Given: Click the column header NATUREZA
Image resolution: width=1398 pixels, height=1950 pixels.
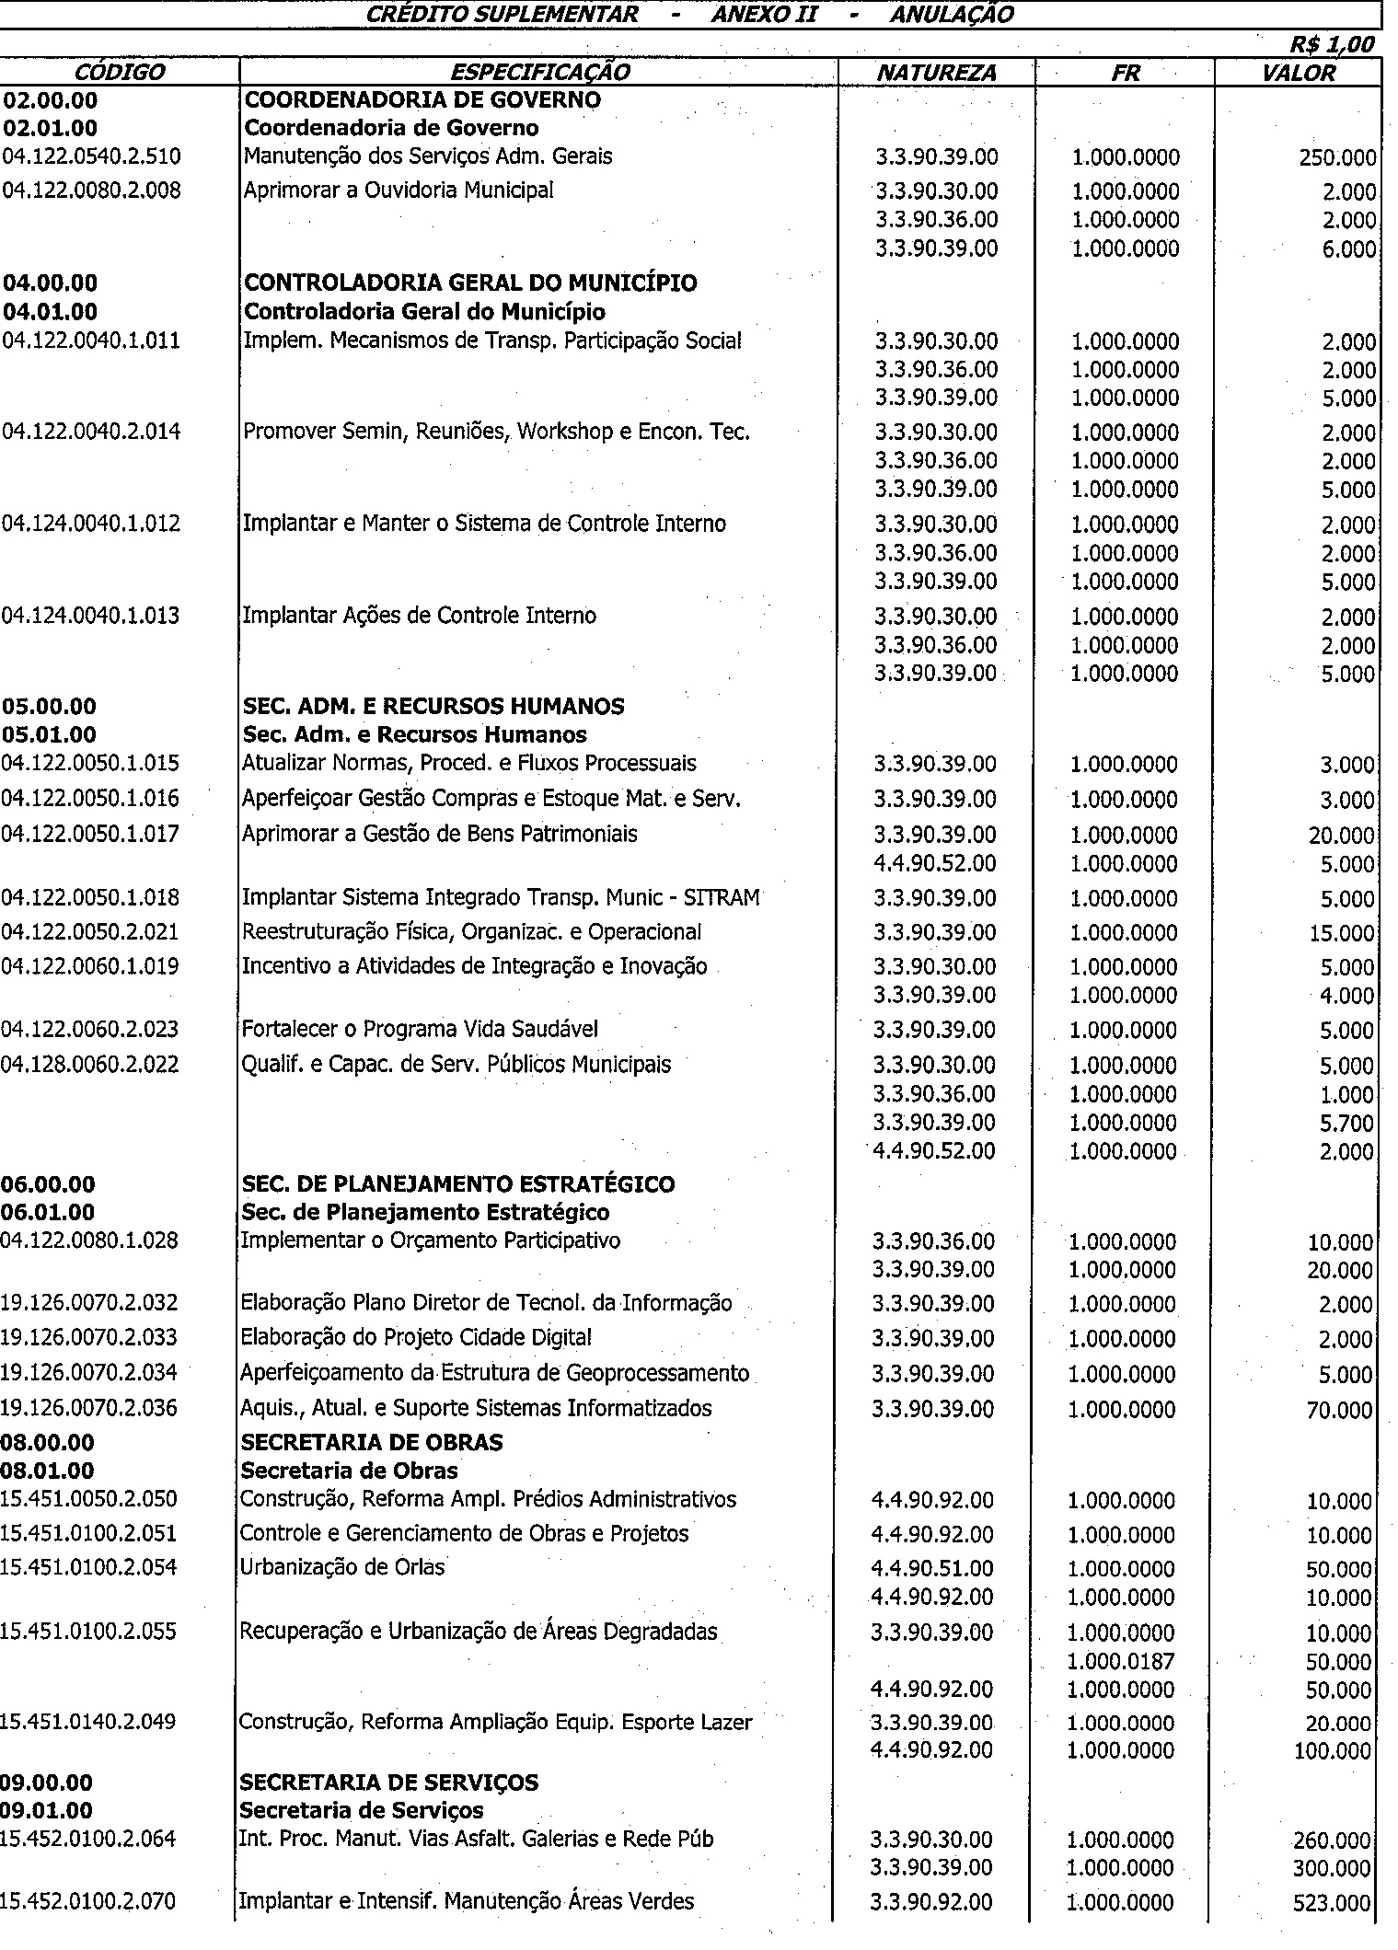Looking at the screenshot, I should tap(936, 73).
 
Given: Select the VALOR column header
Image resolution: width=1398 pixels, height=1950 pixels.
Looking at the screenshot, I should tap(1299, 73).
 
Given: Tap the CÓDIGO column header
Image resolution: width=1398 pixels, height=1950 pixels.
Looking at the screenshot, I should tap(120, 73).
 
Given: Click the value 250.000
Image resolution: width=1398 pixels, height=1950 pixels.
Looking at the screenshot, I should tap(1337, 157).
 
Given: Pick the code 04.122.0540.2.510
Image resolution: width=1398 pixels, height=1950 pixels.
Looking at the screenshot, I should tap(92, 156).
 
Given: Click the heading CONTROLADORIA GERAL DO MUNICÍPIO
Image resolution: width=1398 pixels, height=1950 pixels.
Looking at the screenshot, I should tap(469, 283).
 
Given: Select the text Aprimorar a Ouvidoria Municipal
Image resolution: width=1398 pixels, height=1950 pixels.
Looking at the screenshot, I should tap(398, 190).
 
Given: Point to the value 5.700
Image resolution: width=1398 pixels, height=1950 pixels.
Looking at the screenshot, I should tap(1346, 1124).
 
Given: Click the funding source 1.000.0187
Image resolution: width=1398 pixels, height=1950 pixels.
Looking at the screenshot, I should tap(1121, 1661).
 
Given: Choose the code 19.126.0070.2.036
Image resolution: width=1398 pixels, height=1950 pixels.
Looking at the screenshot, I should tap(88, 1407).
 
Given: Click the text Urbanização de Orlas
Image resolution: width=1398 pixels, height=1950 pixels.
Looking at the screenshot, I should tap(341, 1566).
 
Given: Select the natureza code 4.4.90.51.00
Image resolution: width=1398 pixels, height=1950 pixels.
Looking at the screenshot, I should tap(931, 1568).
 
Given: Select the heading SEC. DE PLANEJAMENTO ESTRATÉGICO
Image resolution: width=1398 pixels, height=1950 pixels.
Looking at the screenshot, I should tap(457, 1183).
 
